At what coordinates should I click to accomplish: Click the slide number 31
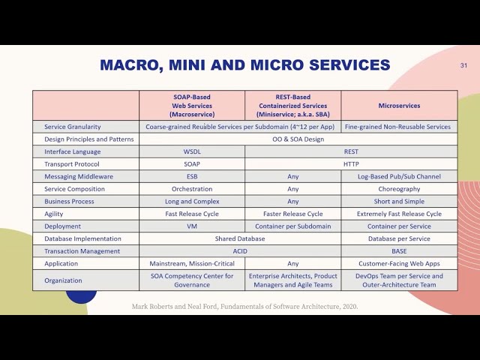pos(463,66)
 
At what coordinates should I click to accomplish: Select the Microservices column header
pos(399,106)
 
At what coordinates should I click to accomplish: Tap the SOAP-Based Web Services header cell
pos(192,106)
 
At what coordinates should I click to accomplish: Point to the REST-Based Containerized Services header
pos(292,106)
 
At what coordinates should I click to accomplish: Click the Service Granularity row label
pos(73,127)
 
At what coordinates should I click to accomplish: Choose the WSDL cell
pos(192,151)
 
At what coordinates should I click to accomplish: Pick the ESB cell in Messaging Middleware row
pos(192,176)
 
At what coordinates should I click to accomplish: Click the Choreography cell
pos(399,189)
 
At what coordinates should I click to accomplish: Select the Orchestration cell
pos(192,189)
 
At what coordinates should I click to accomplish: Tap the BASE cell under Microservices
pos(399,251)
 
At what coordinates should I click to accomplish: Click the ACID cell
pos(240,251)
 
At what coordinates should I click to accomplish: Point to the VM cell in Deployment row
pos(192,226)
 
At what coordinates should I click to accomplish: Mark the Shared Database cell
pos(240,238)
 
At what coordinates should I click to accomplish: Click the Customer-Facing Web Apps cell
pos(399,263)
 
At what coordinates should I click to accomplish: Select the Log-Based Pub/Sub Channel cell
pos(399,176)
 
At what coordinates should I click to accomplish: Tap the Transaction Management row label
pos(82,251)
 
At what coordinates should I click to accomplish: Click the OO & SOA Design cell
pos(298,139)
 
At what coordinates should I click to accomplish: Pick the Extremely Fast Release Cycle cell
pos(399,214)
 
